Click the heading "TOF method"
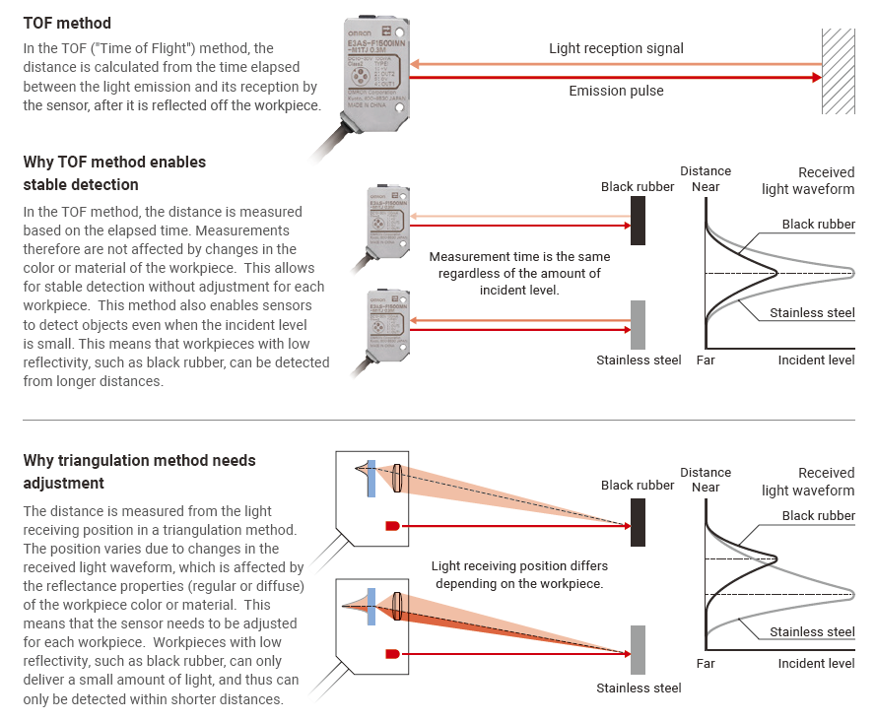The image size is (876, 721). coord(67,23)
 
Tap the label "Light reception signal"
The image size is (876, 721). coord(616,48)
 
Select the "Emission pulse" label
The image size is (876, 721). coord(616,91)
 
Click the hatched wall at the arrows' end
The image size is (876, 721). coord(838,71)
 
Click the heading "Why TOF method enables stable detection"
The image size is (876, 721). coord(114,173)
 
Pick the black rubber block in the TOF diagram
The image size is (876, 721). coord(639,220)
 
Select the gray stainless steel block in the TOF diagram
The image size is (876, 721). coord(639,324)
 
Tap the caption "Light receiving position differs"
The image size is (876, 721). coord(519,575)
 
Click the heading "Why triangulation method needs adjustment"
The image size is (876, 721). coord(139,472)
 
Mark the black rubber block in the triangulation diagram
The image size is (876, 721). coord(639,522)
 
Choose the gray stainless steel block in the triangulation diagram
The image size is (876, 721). coord(639,649)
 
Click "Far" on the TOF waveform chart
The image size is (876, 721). coord(706,360)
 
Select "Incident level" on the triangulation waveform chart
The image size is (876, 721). coord(816,663)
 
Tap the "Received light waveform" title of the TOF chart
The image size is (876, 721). coord(808,180)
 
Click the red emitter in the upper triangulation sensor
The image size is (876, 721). coord(392,527)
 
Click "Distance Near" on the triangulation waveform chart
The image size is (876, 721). coord(706,480)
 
